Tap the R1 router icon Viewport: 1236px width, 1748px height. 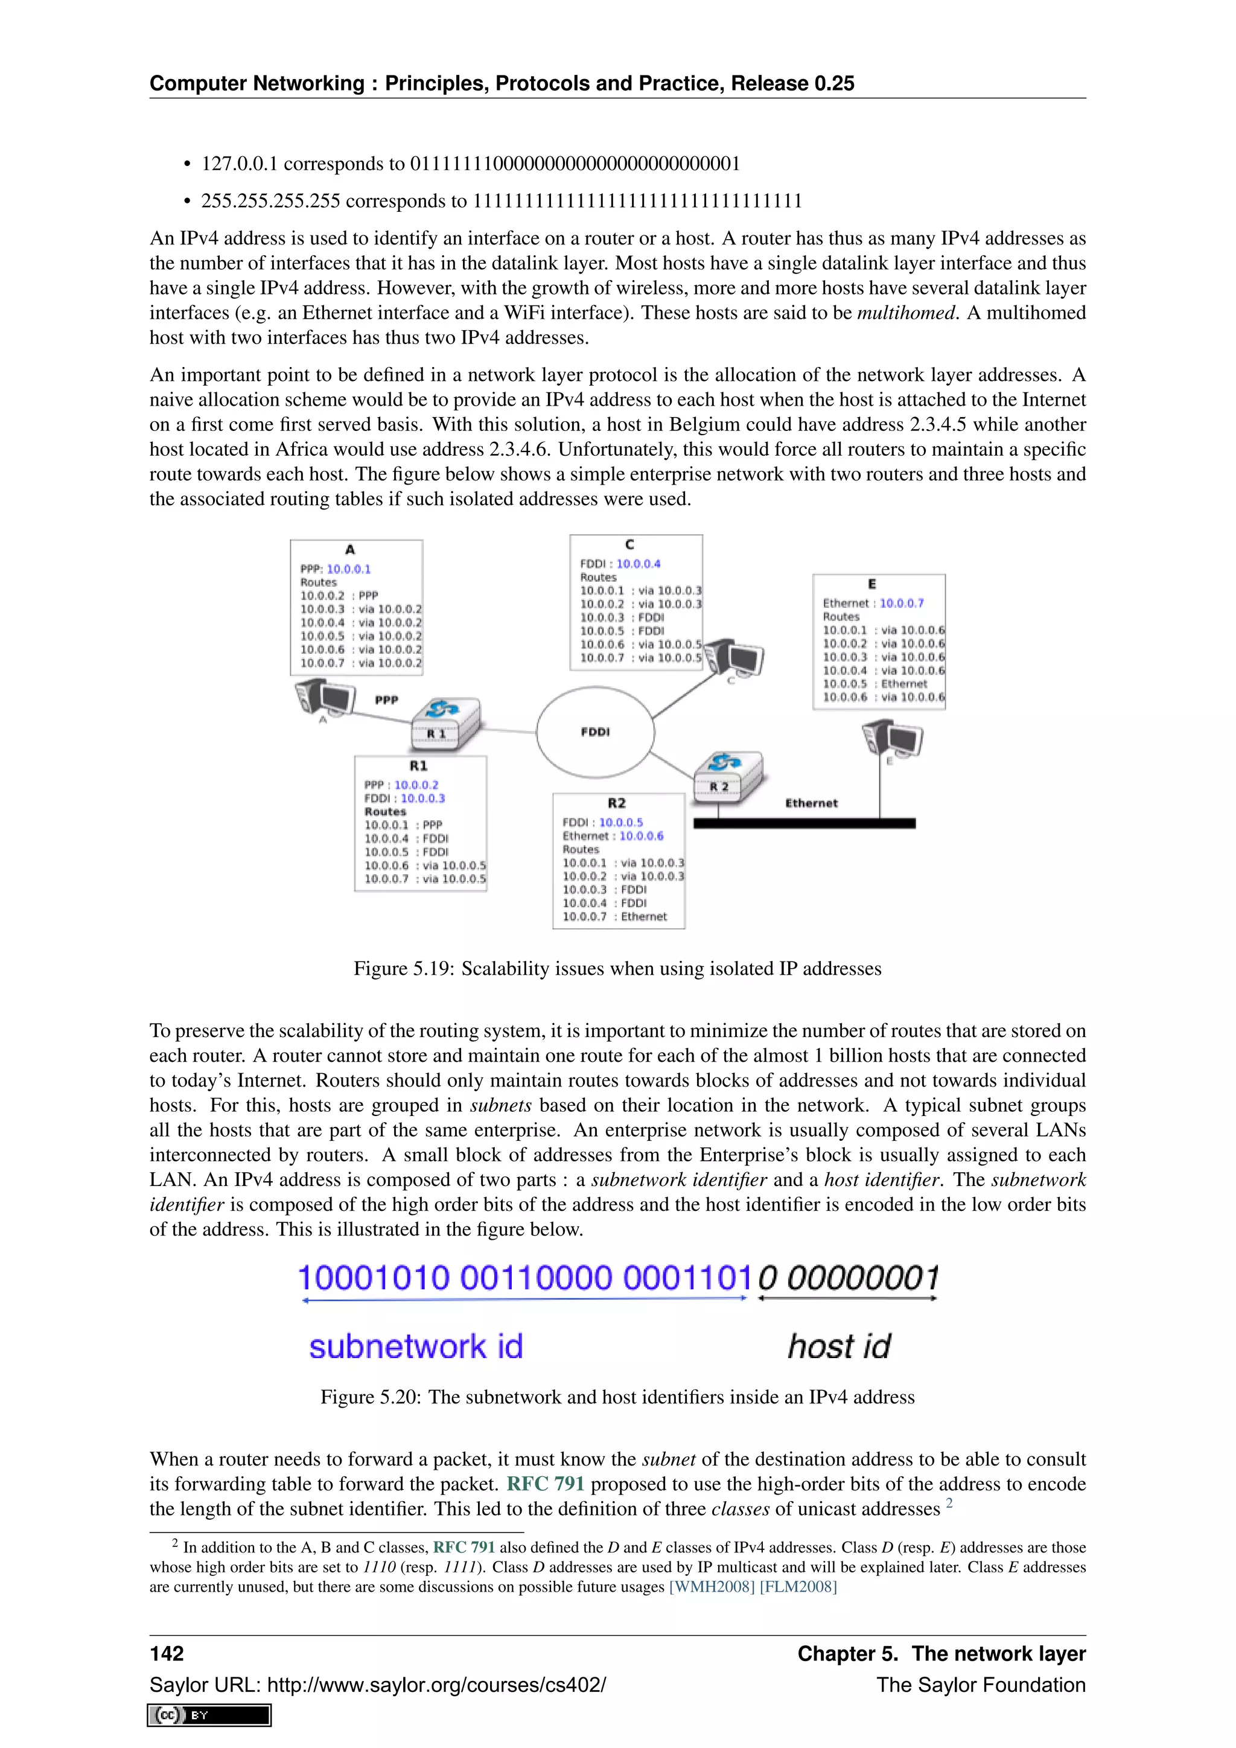[x=446, y=722]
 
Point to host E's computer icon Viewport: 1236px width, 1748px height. [x=893, y=739]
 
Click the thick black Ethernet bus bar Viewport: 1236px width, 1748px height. [x=804, y=823]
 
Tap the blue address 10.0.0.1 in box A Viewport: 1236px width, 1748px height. [x=349, y=569]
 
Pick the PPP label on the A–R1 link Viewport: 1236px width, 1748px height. [x=387, y=700]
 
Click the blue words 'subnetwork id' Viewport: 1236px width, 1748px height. [x=416, y=1346]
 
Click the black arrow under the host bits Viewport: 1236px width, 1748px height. [x=847, y=1299]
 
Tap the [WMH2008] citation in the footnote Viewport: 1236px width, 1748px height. [x=712, y=1587]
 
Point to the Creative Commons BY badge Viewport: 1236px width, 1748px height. [x=209, y=1715]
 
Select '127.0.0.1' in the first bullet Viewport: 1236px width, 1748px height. [x=239, y=164]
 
